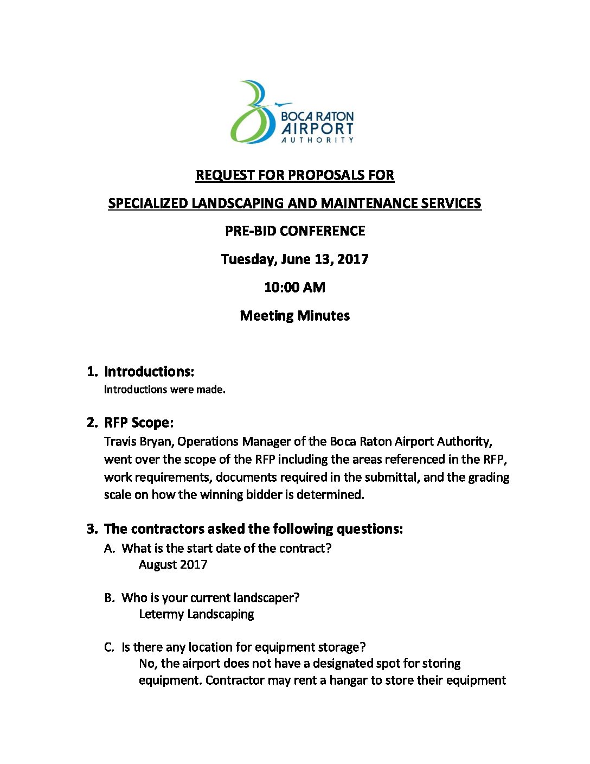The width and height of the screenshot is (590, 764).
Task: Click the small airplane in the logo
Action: [283, 104]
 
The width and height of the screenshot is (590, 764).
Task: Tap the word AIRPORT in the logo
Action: [317, 129]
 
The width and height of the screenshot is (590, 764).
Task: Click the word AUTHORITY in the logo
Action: [317, 140]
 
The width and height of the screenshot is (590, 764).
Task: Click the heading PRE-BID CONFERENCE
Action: [295, 231]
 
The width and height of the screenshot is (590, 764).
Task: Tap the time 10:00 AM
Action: [295, 288]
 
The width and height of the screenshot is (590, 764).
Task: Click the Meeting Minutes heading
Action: [295, 316]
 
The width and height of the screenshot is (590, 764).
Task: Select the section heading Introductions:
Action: [149, 372]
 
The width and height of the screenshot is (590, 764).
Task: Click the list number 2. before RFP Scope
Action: [92, 423]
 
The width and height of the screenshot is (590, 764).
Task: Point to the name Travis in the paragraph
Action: [120, 442]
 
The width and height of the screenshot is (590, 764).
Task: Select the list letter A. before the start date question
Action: [110, 549]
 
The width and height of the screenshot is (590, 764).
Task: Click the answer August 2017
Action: [173, 565]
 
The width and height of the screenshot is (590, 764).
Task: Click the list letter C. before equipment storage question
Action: [110, 647]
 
